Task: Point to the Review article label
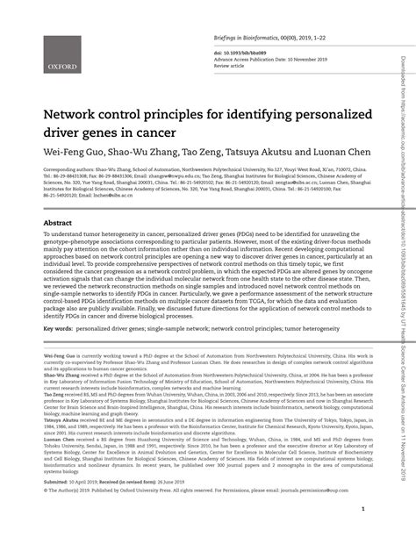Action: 231,67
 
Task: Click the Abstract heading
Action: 58,224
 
